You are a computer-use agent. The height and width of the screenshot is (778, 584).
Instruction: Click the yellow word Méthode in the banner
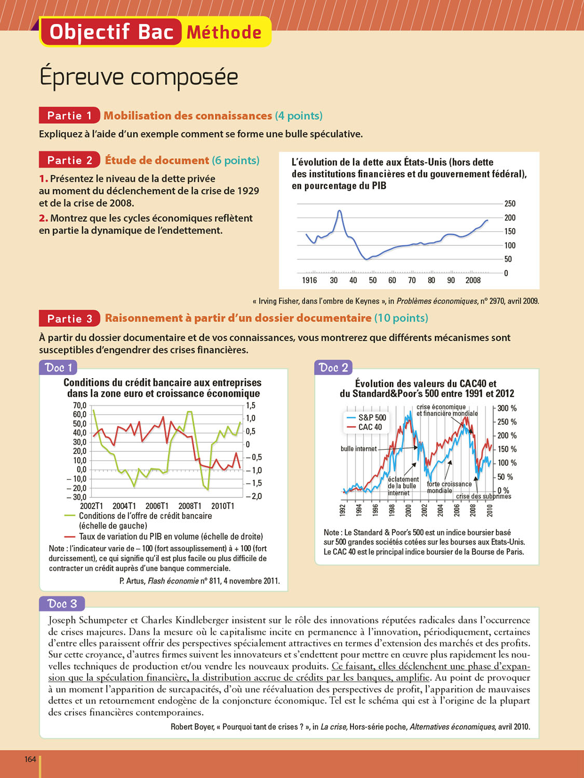pos(224,32)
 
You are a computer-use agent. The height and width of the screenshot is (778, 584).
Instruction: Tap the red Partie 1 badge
pos(69,115)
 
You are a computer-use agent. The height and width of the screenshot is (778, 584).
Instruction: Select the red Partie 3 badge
pos(69,318)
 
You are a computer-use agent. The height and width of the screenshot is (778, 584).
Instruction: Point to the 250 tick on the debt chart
pos(510,204)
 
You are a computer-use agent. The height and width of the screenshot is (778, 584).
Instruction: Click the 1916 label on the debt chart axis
pos(309,280)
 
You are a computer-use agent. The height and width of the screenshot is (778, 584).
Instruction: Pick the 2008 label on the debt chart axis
pos(473,280)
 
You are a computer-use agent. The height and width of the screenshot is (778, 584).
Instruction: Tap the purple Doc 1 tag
pos(58,368)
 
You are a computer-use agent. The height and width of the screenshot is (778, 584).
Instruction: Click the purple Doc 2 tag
pos(333,368)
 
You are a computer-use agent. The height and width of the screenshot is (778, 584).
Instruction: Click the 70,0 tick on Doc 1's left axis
pos(79,405)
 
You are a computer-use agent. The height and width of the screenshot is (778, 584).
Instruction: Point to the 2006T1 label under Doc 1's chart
pos(157,506)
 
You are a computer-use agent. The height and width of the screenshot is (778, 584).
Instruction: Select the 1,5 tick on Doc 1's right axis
pos(251,405)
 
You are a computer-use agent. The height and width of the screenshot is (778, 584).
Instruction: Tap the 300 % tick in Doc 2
pos(507,408)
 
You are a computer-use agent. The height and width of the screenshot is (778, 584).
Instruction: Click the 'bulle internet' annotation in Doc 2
pos(359,449)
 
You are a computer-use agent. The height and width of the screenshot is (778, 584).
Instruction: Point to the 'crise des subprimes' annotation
pos(483,496)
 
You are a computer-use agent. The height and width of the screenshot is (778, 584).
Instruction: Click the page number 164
pos(30,759)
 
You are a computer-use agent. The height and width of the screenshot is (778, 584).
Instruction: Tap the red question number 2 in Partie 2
pos(43,218)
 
